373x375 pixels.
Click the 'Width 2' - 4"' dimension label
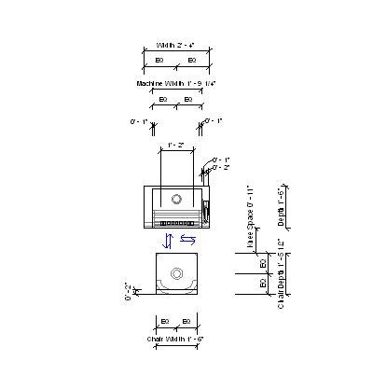click(x=175, y=45)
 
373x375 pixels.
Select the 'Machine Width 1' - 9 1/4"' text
click(x=176, y=83)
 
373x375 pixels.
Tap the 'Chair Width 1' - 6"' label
click(x=175, y=338)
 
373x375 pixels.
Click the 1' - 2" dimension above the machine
click(x=174, y=146)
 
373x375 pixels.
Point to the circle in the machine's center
click(x=176, y=200)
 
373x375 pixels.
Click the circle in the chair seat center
click(x=176, y=275)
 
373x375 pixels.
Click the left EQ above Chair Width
click(x=164, y=321)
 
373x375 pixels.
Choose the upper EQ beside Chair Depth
click(x=263, y=264)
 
